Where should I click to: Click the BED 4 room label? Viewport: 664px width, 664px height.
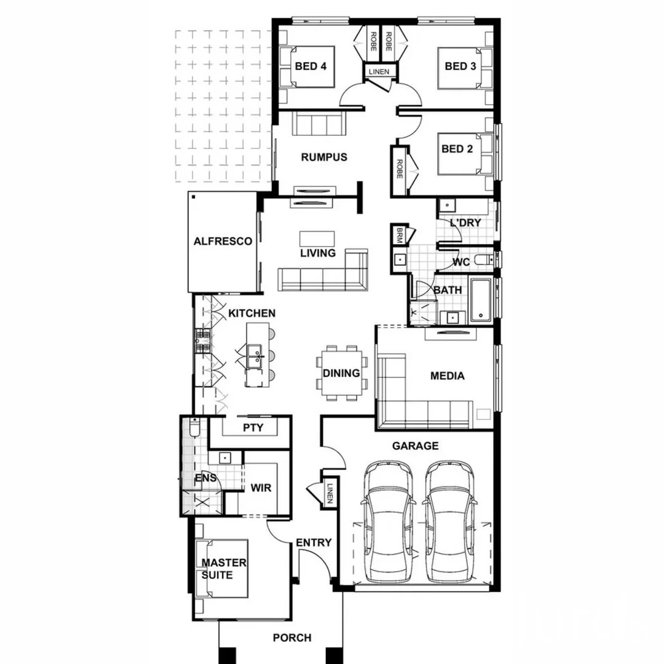310,66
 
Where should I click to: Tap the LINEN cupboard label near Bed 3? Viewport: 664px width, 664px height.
379,72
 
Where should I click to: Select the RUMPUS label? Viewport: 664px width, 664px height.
324,157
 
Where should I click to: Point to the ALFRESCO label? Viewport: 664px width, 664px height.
223,242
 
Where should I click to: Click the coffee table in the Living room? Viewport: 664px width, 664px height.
318,239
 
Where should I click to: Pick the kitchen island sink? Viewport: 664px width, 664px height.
254,355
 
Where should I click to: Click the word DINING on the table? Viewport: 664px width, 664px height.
341,373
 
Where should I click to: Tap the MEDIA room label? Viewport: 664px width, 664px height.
447,376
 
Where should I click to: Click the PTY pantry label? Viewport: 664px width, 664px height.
253,427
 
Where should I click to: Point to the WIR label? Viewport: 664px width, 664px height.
261,488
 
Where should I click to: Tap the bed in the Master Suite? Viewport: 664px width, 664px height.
223,568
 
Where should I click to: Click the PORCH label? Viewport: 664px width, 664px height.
292,638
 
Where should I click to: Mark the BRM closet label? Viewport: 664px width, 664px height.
399,234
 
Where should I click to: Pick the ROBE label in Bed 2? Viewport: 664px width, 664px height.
399,168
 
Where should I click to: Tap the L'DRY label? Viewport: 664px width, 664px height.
465,223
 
